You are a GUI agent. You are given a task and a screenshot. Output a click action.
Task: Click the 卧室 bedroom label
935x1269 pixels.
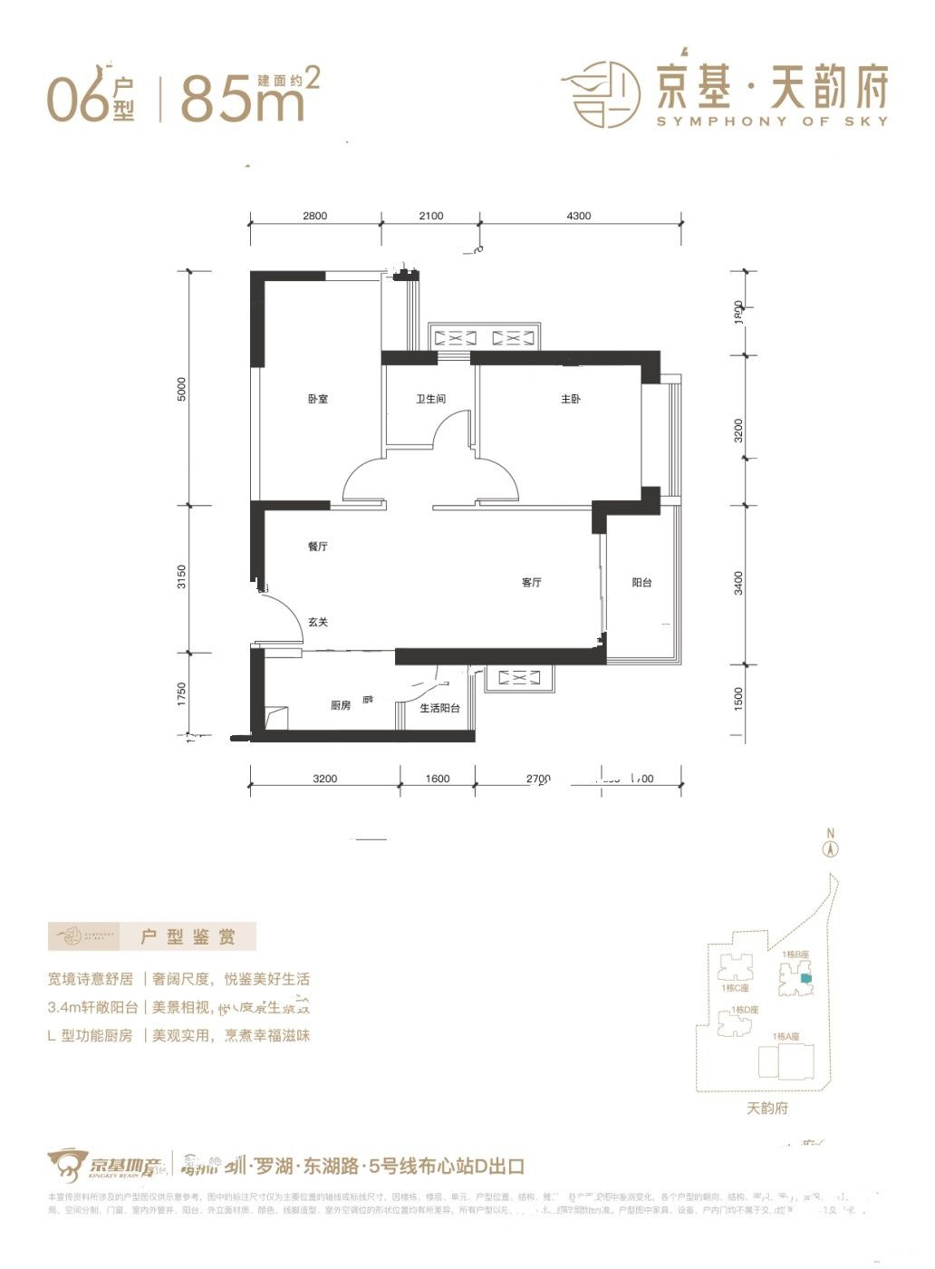317,400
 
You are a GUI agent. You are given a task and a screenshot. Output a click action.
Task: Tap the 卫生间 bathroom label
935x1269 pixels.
430,400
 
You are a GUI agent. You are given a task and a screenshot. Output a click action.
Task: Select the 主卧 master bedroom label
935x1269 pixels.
570,400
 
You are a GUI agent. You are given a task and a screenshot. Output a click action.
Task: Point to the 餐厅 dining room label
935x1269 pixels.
317,547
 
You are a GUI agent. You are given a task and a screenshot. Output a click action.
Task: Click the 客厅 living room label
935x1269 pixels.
532,582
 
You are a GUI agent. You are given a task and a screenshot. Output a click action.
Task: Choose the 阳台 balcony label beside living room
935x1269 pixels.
641,582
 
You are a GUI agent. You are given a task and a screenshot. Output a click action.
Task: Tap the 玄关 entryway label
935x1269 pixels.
317,622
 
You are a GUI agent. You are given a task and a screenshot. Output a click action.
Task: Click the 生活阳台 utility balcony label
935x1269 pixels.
439,708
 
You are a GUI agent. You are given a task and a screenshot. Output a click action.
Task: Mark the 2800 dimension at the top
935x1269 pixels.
314,216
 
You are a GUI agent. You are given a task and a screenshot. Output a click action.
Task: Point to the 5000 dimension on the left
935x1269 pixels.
181,390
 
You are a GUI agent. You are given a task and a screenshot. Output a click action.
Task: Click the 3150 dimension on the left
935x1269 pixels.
181,577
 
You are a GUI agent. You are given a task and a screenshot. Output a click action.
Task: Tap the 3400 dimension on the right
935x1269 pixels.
739,583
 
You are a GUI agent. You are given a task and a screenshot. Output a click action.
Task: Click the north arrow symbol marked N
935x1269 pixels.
828,846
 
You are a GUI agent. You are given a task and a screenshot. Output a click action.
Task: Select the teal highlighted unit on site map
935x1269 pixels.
806,979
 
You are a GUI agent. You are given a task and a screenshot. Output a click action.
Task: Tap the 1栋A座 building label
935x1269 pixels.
785,1036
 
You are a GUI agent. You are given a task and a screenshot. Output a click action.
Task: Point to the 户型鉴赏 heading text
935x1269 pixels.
188,937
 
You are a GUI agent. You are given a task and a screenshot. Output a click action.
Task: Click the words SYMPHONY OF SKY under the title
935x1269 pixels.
772,121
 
